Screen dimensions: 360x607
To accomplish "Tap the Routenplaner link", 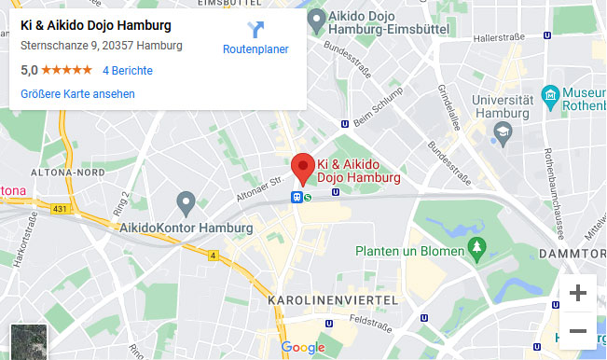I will point(255,49).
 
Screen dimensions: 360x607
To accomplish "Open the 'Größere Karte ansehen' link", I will point(77,93).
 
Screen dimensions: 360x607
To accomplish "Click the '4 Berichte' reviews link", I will point(128,70).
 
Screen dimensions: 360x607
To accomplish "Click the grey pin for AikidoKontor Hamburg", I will point(186,201).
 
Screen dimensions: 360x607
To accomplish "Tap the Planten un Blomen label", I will point(409,252).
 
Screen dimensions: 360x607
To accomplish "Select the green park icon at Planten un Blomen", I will point(478,247).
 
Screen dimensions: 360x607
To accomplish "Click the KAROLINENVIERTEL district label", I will point(332,300).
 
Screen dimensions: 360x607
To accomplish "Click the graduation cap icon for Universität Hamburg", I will point(504,132).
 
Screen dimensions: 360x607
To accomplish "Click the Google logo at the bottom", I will point(303,348).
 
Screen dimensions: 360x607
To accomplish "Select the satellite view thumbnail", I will point(27,341).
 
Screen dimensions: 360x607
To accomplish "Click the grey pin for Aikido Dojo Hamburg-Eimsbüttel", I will point(317,18).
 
